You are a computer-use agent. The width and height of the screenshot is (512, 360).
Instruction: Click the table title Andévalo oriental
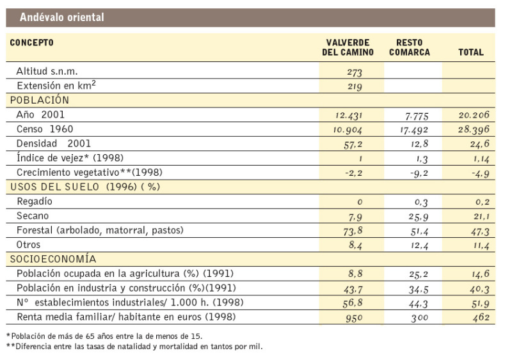(x=62, y=17)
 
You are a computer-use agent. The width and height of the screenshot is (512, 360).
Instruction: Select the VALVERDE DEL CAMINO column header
(x=348, y=47)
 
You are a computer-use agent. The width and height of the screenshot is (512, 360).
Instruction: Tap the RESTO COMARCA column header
(x=409, y=47)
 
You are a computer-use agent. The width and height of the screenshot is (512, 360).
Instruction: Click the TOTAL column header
(x=470, y=52)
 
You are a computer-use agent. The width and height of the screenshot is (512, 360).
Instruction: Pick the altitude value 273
(x=354, y=73)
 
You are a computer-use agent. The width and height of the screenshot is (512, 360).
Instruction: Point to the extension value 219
(x=354, y=87)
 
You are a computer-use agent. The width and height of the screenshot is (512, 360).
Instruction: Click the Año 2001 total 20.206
(x=473, y=116)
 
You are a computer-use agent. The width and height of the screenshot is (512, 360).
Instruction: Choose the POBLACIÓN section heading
(x=38, y=100)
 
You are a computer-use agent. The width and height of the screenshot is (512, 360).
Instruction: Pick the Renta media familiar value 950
(x=354, y=317)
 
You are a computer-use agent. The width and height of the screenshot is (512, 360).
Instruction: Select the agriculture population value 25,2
(x=413, y=274)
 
